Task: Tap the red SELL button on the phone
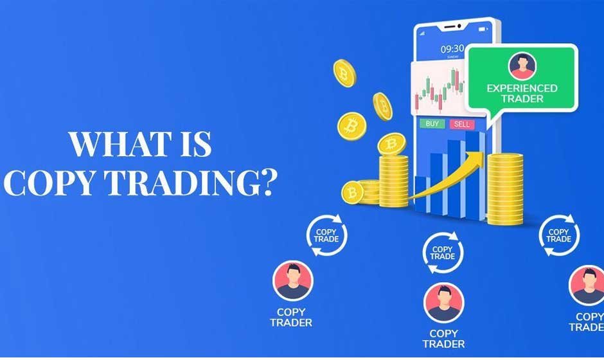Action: tap(461, 123)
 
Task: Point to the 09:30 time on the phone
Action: tap(452, 49)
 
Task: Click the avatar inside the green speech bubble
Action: tap(522, 66)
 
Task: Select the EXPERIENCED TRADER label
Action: tap(522, 93)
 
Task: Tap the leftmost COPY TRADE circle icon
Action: tap(326, 235)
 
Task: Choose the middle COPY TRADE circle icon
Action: tap(442, 253)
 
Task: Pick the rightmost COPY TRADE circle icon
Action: tap(558, 235)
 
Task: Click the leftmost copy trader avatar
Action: tap(293, 281)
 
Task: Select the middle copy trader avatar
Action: tap(443, 302)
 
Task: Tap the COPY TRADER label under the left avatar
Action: tap(290, 318)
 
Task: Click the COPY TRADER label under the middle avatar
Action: tap(443, 338)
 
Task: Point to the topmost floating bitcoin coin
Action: tap(344, 72)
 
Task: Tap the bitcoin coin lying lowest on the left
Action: tap(353, 192)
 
